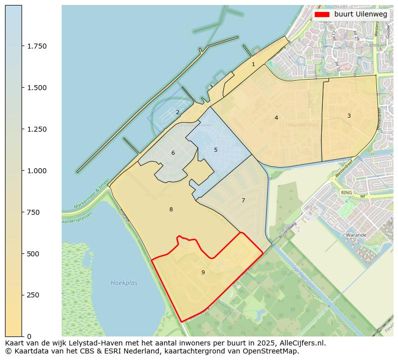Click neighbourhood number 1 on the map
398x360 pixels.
click(x=253, y=64)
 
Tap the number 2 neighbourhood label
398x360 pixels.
click(x=177, y=112)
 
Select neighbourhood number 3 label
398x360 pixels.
click(x=349, y=116)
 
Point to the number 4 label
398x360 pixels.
click(x=276, y=118)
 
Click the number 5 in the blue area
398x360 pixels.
click(x=216, y=150)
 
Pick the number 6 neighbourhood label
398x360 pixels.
click(x=173, y=153)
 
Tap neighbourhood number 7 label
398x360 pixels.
click(x=243, y=200)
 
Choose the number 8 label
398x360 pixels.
click(x=171, y=209)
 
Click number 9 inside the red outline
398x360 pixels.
click(x=203, y=272)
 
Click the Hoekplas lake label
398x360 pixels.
click(x=124, y=283)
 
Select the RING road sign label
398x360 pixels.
click(x=346, y=192)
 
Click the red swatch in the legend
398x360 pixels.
click(x=322, y=15)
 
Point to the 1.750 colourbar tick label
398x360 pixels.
click(x=36, y=46)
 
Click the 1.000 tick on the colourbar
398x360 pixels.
click(x=36, y=171)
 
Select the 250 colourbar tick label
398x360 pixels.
click(x=33, y=295)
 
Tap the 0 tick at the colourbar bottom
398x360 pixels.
click(x=29, y=336)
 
